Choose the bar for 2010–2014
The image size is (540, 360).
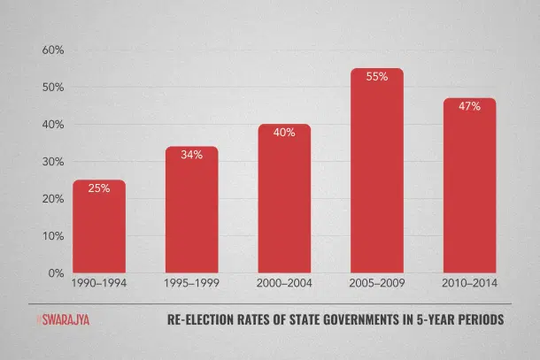[x=469, y=190]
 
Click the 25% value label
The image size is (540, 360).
[x=98, y=188]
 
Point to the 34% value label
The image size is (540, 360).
[x=191, y=155]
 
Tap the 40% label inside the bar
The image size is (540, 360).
[x=284, y=133]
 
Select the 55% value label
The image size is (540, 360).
[x=377, y=77]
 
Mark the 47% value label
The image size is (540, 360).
[x=469, y=107]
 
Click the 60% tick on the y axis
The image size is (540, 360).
[x=52, y=50]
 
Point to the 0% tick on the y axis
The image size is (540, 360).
[x=55, y=273]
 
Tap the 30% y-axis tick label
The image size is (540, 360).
[x=52, y=162]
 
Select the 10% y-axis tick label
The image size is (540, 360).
[x=52, y=236]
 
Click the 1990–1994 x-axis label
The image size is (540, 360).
[x=98, y=284]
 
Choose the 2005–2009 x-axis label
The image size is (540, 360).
[x=377, y=284]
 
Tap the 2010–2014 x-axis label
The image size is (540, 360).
[x=469, y=284]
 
